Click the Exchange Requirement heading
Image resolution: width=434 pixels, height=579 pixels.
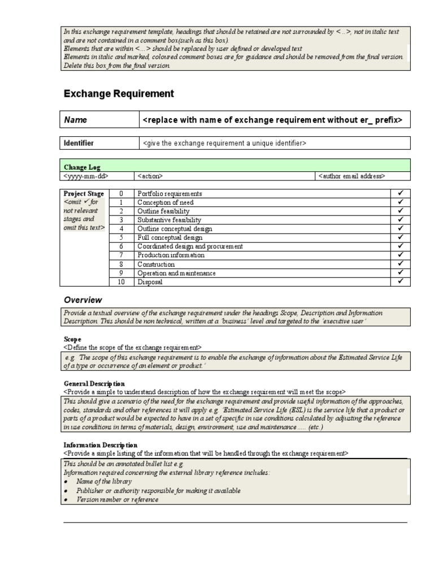[x=119, y=94]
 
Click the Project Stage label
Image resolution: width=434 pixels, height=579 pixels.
[x=84, y=193]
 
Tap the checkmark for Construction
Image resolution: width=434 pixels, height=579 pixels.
[x=400, y=264]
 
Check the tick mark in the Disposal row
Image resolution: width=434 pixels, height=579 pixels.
[x=400, y=282]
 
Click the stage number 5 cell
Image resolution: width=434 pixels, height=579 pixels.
[x=121, y=237]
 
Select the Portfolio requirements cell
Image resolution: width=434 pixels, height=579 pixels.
[x=170, y=193]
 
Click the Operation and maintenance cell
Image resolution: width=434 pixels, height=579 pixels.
[x=176, y=273]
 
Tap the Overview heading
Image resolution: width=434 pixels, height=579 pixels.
[x=83, y=300]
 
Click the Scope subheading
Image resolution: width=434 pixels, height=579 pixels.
[x=73, y=339]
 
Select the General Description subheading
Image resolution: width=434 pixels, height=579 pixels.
[x=94, y=383]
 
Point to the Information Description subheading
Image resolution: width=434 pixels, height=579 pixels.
[x=100, y=445]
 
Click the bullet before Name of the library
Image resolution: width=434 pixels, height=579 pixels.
[x=66, y=482]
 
